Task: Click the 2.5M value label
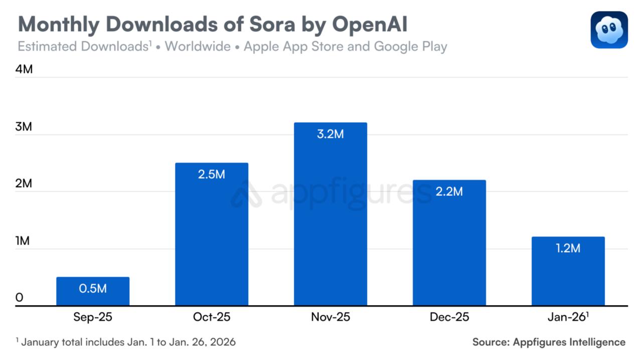pyautogui.click(x=212, y=175)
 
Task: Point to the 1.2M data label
pyautogui.click(x=568, y=248)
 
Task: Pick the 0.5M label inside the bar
pyautogui.click(x=93, y=288)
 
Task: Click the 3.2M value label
pyautogui.click(x=331, y=134)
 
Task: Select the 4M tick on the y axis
pyautogui.click(x=24, y=69)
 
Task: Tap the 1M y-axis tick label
pyautogui.click(x=23, y=241)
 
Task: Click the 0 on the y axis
pyautogui.click(x=20, y=298)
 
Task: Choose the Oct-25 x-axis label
pyautogui.click(x=212, y=317)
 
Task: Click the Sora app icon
pyautogui.click(x=609, y=30)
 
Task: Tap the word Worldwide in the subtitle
pyautogui.click(x=198, y=47)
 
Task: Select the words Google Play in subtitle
pyautogui.click(x=410, y=47)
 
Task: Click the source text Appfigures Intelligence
pyautogui.click(x=569, y=342)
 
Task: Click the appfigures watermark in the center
pyautogui.click(x=331, y=193)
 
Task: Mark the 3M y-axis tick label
pyautogui.click(x=24, y=127)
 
